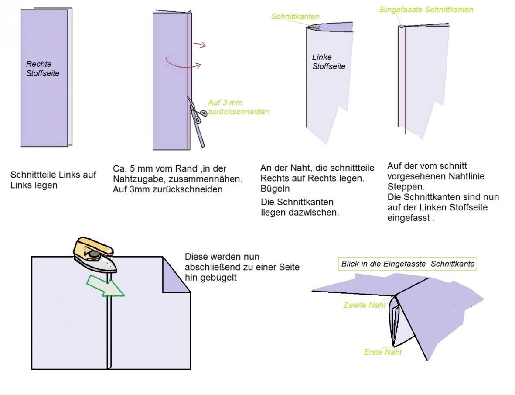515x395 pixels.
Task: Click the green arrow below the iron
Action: (106, 285)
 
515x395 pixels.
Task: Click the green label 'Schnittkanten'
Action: (295, 17)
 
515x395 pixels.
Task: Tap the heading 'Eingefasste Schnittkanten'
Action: (426, 9)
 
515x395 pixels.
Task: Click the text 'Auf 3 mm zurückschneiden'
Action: (238, 107)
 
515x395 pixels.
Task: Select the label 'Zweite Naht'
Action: (365, 305)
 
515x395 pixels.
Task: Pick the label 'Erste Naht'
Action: (383, 352)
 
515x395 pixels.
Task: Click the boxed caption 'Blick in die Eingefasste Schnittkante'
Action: (408, 264)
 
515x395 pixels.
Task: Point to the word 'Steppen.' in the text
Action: (405, 186)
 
